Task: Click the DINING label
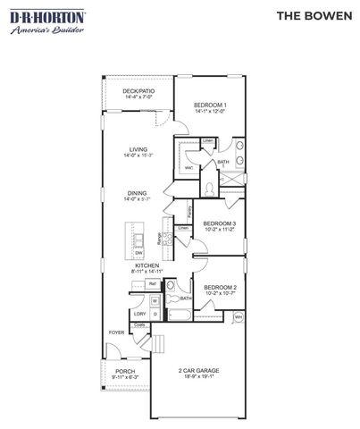click(138, 194)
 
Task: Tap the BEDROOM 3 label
click(219, 225)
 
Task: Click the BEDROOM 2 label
click(219, 289)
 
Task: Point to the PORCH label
click(125, 374)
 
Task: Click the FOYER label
click(117, 332)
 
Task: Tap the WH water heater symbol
click(239, 316)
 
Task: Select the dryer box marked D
click(154, 315)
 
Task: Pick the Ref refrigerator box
click(153, 284)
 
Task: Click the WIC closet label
click(189, 167)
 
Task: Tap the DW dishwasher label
click(139, 253)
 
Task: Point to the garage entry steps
click(161, 343)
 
